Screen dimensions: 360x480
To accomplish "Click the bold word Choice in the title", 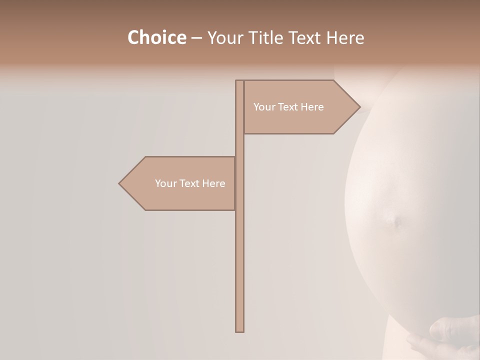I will [156, 38].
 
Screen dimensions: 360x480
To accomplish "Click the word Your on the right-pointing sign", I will [263, 107].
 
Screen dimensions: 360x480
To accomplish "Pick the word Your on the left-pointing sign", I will [165, 183].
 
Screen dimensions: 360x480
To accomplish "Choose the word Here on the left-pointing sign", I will [214, 183].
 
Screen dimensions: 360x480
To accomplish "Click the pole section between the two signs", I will [239, 145].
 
